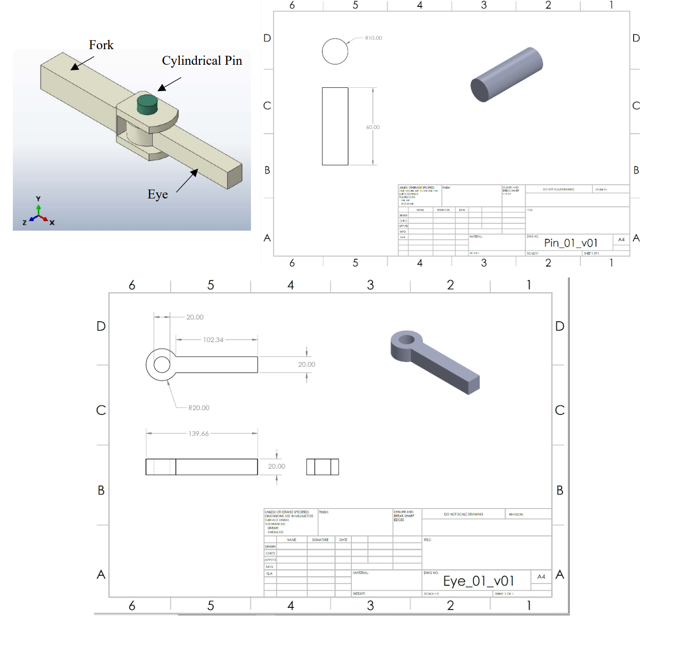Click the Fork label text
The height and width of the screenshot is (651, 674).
[101, 45]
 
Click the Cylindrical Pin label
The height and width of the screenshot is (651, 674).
[202, 61]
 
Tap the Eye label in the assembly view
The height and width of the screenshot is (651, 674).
[157, 194]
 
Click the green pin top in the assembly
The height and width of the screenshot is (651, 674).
[147, 101]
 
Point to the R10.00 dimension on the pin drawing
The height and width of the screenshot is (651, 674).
[373, 38]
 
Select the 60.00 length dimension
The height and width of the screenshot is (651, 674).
[373, 127]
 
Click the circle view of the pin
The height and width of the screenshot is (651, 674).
[335, 51]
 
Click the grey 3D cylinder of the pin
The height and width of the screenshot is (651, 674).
[507, 74]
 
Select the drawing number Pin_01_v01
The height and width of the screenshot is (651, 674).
[571, 243]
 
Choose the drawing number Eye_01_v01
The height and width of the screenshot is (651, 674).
[479, 581]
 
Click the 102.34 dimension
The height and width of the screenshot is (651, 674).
[213, 340]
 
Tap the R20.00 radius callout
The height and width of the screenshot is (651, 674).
[199, 408]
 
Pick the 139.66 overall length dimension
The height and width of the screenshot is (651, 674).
[199, 434]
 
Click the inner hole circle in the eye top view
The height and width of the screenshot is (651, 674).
[162, 365]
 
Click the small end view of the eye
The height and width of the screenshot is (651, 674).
[323, 467]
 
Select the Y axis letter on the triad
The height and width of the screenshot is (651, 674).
[38, 199]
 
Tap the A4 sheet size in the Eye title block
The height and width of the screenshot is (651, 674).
[541, 577]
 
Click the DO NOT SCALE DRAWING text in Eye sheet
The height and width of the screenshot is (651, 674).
[463, 514]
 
